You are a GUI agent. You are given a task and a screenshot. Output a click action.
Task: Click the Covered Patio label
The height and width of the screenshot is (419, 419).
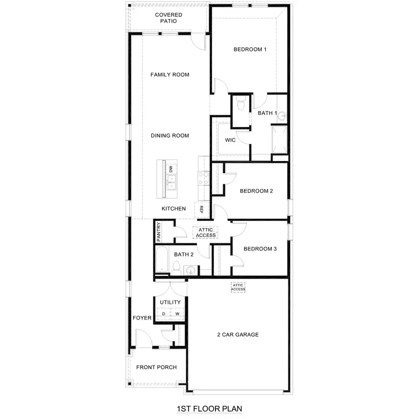tap(169, 18)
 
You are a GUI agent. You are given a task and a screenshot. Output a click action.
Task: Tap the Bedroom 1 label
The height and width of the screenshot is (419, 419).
tap(250, 49)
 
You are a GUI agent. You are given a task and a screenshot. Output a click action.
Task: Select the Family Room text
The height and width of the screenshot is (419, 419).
tap(169, 75)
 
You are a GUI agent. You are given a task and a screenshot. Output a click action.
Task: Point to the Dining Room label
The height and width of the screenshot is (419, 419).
tap(169, 136)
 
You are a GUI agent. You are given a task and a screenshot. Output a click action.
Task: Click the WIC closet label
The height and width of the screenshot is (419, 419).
tap(230, 140)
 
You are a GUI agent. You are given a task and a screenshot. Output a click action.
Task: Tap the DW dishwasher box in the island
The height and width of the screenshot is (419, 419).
tap(171, 169)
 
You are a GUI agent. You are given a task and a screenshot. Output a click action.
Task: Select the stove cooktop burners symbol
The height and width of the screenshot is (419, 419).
tap(203, 178)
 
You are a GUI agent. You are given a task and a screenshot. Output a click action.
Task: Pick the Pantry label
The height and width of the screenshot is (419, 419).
tap(158, 231)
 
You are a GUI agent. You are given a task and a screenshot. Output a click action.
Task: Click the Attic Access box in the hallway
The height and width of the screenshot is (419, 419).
tap(206, 232)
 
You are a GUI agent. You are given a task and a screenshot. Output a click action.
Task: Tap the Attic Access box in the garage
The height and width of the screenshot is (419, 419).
tap(238, 287)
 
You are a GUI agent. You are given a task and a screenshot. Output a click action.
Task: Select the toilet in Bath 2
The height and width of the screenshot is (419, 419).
tap(176, 266)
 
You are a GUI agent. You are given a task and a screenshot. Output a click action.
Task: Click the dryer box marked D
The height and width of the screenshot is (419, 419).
tap(163, 314)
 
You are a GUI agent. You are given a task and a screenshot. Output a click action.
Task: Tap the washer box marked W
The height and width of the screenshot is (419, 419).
tap(177, 314)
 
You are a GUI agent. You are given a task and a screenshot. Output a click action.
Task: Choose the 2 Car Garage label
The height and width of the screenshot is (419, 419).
tap(238, 335)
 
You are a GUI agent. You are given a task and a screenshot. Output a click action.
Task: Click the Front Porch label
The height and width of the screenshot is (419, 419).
tap(156, 367)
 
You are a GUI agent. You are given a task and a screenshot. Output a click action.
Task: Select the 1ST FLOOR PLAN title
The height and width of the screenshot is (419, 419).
tap(209, 409)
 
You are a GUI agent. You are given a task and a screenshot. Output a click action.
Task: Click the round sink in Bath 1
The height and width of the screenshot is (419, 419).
tap(282, 117)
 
